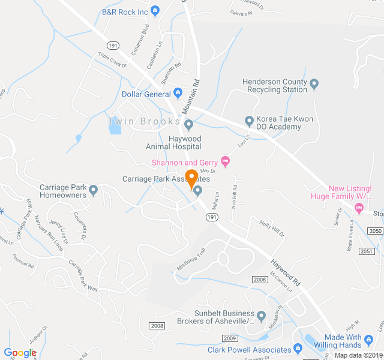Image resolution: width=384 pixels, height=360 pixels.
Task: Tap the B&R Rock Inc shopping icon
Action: pyautogui.click(x=155, y=11)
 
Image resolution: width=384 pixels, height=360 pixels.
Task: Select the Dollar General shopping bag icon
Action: pyautogui.click(x=178, y=93)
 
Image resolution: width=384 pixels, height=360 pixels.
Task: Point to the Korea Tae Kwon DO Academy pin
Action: pyautogui.click(x=249, y=121)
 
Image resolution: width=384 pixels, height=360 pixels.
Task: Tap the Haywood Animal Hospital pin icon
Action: pyautogui.click(x=188, y=125)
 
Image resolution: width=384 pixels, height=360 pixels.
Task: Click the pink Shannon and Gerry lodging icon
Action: pyautogui.click(x=226, y=161)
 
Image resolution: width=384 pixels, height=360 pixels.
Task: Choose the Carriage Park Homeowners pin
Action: pyautogui.click(x=94, y=191)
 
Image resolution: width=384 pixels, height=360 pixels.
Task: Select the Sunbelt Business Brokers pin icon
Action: pyautogui.click(x=261, y=316)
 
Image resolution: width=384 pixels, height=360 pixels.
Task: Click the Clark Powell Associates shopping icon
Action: pyautogui.click(x=298, y=349)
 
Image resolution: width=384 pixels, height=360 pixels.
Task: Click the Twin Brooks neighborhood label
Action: pyautogui.click(x=144, y=122)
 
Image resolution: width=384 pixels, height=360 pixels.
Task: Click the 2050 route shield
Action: pyautogui.click(x=375, y=231)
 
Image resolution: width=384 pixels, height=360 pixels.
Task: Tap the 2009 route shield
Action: pyautogui.click(x=230, y=339)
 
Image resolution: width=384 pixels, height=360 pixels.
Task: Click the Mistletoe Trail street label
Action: pyautogui.click(x=191, y=259)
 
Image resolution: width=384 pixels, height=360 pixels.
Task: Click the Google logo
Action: pyautogui.click(x=20, y=353)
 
